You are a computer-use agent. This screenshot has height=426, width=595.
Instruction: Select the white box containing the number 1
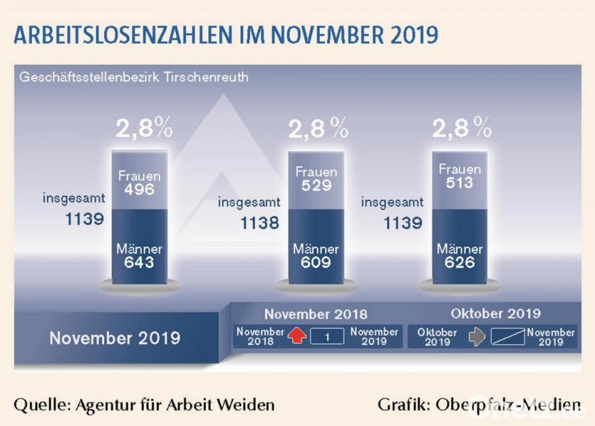tap(326, 337)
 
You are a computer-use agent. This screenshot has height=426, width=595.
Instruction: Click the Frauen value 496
tap(139, 189)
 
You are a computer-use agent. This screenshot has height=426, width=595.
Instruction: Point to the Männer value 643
tap(139, 262)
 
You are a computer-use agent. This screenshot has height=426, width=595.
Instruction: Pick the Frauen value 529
tap(316, 185)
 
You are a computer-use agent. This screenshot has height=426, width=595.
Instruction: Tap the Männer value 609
tap(316, 262)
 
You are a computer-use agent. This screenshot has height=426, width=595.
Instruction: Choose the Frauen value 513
tap(459, 182)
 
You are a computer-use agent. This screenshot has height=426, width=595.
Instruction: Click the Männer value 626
tap(459, 262)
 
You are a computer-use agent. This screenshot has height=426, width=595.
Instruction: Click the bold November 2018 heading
tap(315, 314)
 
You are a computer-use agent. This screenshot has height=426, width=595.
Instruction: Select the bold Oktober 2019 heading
tap(495, 313)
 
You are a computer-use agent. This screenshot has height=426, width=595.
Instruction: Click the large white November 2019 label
tap(115, 338)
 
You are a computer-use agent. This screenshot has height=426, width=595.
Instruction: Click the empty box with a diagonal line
tap(508, 337)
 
